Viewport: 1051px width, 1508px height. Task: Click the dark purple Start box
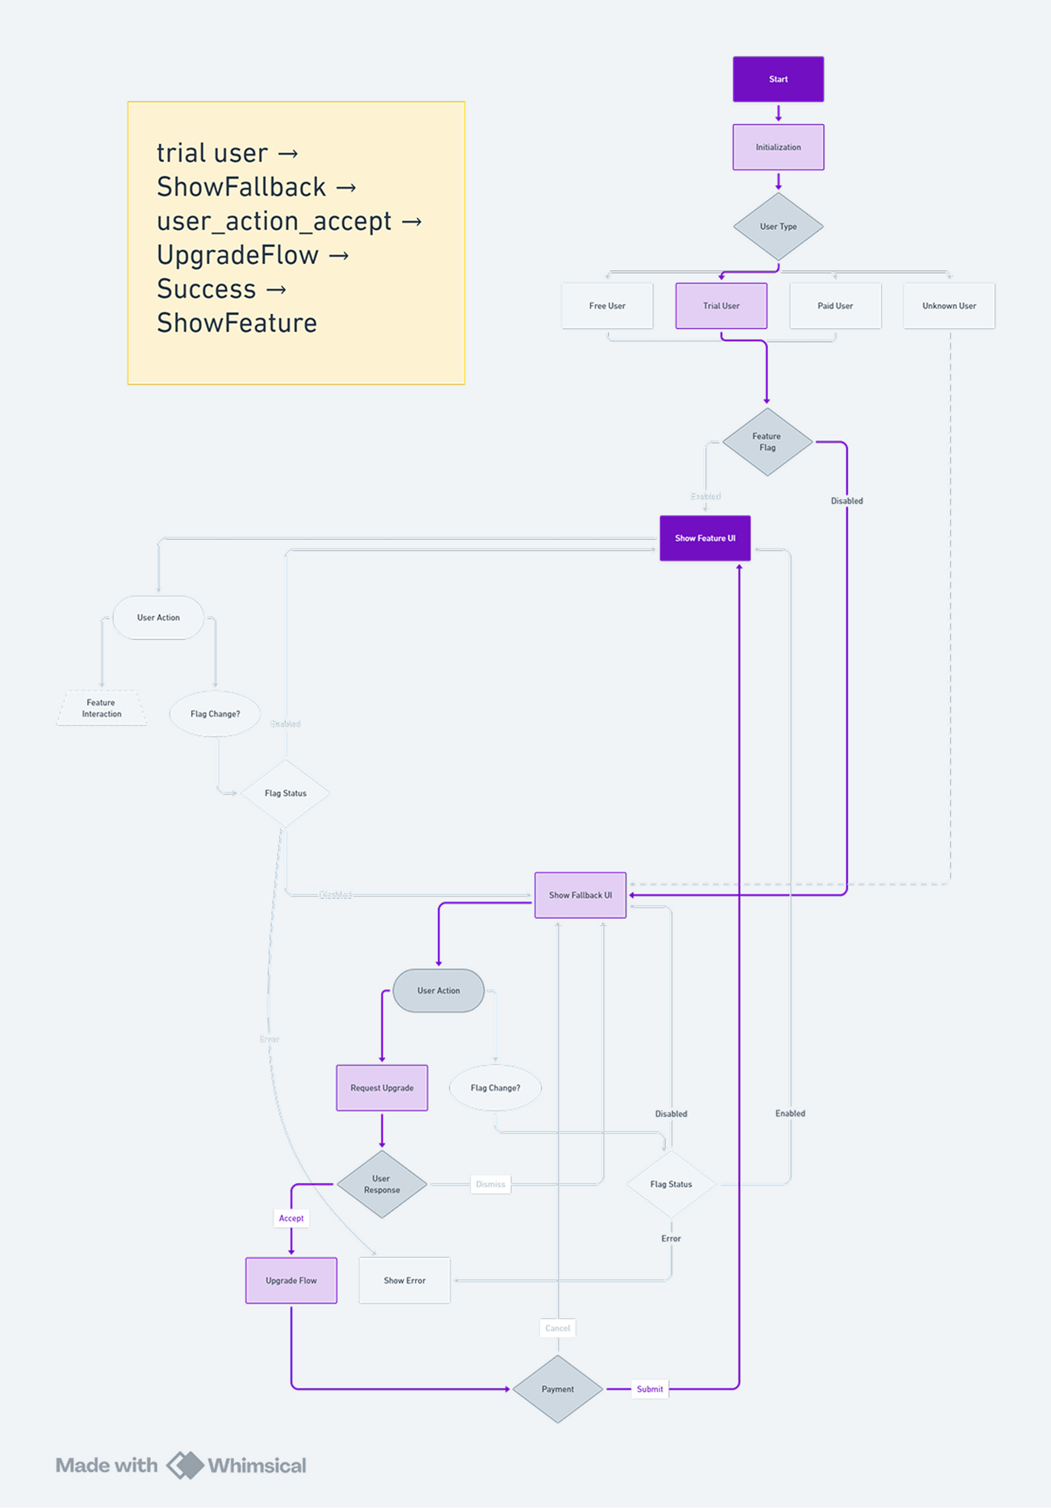(778, 79)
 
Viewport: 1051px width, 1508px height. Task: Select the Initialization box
(778, 147)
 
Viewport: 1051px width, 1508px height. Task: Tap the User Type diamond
(778, 227)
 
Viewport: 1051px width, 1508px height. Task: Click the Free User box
(607, 306)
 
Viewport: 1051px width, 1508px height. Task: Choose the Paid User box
(835, 306)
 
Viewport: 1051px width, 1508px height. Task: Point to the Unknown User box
(949, 306)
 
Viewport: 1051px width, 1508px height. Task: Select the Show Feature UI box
(705, 538)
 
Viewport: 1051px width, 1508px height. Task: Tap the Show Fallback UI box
(580, 895)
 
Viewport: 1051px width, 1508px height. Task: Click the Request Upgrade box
(382, 1088)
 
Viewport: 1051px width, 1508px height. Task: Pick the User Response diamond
(382, 1184)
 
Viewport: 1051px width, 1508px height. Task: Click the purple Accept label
(291, 1219)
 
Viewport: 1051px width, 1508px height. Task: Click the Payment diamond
(558, 1389)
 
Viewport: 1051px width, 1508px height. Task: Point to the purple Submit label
(650, 1389)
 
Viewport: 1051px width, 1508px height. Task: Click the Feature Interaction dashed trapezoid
(102, 708)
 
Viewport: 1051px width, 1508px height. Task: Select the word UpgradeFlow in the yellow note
(237, 255)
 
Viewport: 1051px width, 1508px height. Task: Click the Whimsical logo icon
(185, 1465)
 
